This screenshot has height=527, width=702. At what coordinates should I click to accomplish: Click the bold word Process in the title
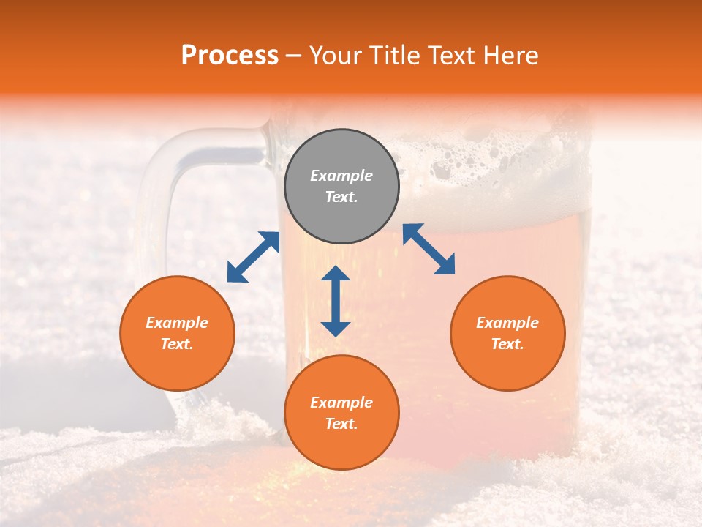pos(230,56)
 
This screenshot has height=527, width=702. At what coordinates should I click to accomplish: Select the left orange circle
pos(177,333)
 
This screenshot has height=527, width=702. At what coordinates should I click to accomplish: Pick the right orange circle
pos(507,333)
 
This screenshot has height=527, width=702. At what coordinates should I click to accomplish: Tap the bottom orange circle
pos(341,412)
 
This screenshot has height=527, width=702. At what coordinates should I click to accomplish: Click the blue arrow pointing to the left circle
pos(253,257)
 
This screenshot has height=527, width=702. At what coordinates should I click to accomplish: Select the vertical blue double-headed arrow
pos(336,301)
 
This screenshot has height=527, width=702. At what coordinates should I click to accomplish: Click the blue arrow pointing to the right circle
pos(429,249)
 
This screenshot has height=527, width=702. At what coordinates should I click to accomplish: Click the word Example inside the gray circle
pos(341,176)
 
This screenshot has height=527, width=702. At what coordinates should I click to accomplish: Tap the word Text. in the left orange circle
pos(177,344)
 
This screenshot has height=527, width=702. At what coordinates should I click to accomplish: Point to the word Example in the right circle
pos(507,323)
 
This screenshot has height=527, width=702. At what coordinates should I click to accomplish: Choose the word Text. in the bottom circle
pos(341,424)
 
